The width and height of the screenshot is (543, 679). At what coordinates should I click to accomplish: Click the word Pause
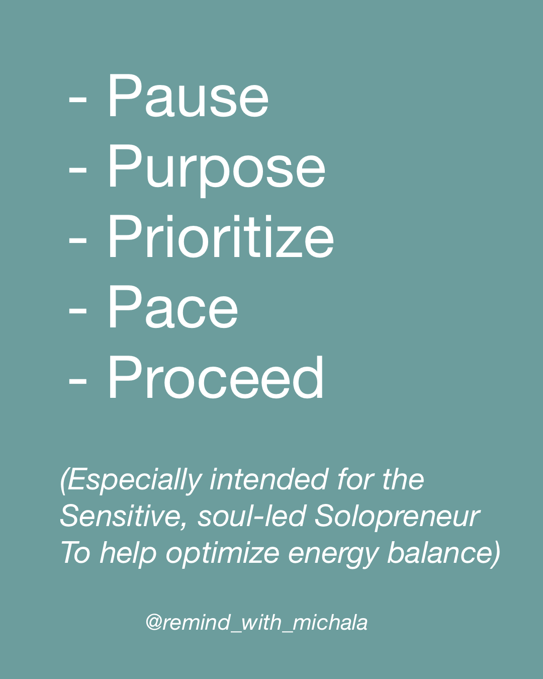[189, 96]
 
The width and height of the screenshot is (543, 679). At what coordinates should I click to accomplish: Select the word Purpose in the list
[217, 170]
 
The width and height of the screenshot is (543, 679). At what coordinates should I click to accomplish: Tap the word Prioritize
[221, 236]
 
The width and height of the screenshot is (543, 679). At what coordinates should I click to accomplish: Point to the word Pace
[173, 307]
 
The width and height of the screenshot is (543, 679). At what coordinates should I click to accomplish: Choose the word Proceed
[216, 377]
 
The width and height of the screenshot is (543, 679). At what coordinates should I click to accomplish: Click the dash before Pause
[77, 101]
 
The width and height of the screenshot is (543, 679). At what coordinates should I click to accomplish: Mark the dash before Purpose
[77, 172]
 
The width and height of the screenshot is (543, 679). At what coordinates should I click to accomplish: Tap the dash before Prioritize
[77, 242]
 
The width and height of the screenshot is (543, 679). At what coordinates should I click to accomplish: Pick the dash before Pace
[77, 312]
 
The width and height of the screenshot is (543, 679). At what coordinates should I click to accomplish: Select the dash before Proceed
[77, 383]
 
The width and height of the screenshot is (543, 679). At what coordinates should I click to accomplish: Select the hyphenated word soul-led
[251, 516]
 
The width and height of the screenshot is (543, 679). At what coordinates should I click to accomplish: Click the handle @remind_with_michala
[256, 623]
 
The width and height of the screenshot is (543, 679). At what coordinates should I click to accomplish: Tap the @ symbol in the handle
[154, 623]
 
